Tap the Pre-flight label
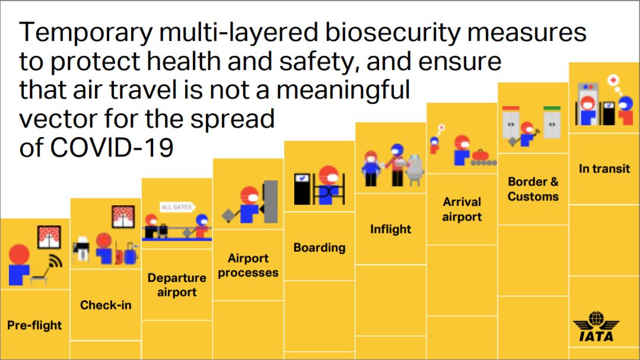coord(34,325)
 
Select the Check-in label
coord(106,305)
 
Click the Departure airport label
coord(177,285)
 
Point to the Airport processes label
coord(248,265)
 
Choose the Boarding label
coord(319,247)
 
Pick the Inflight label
coord(390,229)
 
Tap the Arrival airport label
coord(461,209)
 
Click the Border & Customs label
coord(533,189)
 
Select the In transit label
coord(604,168)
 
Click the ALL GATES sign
coord(177,206)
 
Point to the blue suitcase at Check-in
coord(130,254)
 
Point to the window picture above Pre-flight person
coord(49,237)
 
